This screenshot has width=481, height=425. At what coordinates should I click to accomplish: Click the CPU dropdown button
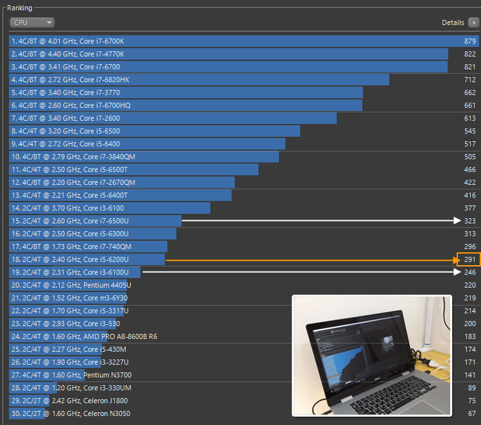(31, 22)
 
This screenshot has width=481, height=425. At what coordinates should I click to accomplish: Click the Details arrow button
(473, 22)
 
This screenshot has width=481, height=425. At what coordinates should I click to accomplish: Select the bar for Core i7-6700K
(235, 41)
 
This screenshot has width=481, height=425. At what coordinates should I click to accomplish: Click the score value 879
(469, 41)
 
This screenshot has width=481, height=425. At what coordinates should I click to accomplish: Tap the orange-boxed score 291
(468, 259)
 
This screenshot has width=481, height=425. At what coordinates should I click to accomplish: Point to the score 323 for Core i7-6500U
(469, 221)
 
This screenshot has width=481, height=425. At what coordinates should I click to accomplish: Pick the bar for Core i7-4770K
(229, 54)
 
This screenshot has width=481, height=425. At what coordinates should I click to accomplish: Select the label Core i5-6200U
(69, 259)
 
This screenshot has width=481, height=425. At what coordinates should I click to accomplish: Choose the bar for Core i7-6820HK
(199, 80)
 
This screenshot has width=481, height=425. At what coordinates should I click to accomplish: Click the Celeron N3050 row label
(70, 413)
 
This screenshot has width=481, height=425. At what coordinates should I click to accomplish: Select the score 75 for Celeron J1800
(471, 401)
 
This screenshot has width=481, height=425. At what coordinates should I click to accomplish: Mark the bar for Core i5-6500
(155, 131)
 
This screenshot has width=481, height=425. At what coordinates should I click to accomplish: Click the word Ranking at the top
(19, 8)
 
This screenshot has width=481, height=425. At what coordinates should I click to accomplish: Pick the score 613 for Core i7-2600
(469, 118)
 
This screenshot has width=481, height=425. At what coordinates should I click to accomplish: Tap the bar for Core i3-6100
(110, 208)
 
